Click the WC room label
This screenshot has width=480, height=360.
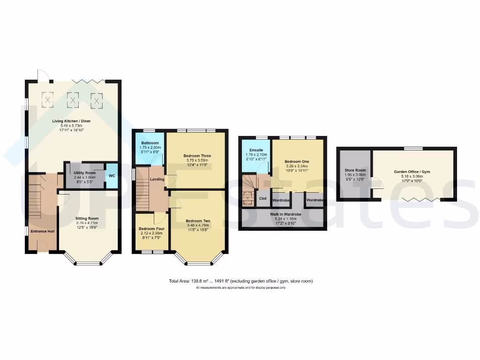112,176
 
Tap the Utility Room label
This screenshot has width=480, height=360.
85,173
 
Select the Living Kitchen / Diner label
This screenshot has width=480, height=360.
71,121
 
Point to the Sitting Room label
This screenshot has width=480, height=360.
87,218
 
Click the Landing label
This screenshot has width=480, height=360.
157,179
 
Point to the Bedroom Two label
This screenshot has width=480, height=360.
197,221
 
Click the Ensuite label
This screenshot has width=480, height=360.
255,150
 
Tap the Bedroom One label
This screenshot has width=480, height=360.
297,161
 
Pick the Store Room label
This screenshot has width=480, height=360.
354,170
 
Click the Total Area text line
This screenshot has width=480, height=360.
240,281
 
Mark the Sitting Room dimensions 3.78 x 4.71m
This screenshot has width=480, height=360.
87,223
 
